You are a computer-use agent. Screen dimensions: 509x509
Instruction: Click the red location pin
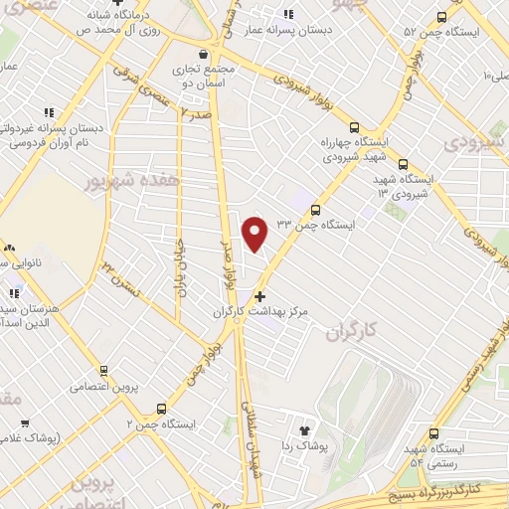[256, 233]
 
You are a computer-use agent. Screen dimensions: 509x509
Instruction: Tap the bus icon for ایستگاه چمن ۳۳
[316, 210]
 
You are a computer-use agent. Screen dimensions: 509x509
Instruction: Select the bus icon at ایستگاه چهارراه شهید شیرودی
[355, 126]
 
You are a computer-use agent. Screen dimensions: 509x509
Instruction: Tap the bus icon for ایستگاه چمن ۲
[162, 408]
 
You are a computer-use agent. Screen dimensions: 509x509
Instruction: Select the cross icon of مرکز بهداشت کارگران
[260, 296]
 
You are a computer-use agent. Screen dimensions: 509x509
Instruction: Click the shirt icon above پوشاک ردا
[305, 431]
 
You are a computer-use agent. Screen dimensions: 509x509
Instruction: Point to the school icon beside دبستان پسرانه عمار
[288, 15]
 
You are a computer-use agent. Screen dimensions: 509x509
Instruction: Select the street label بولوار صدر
[227, 264]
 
